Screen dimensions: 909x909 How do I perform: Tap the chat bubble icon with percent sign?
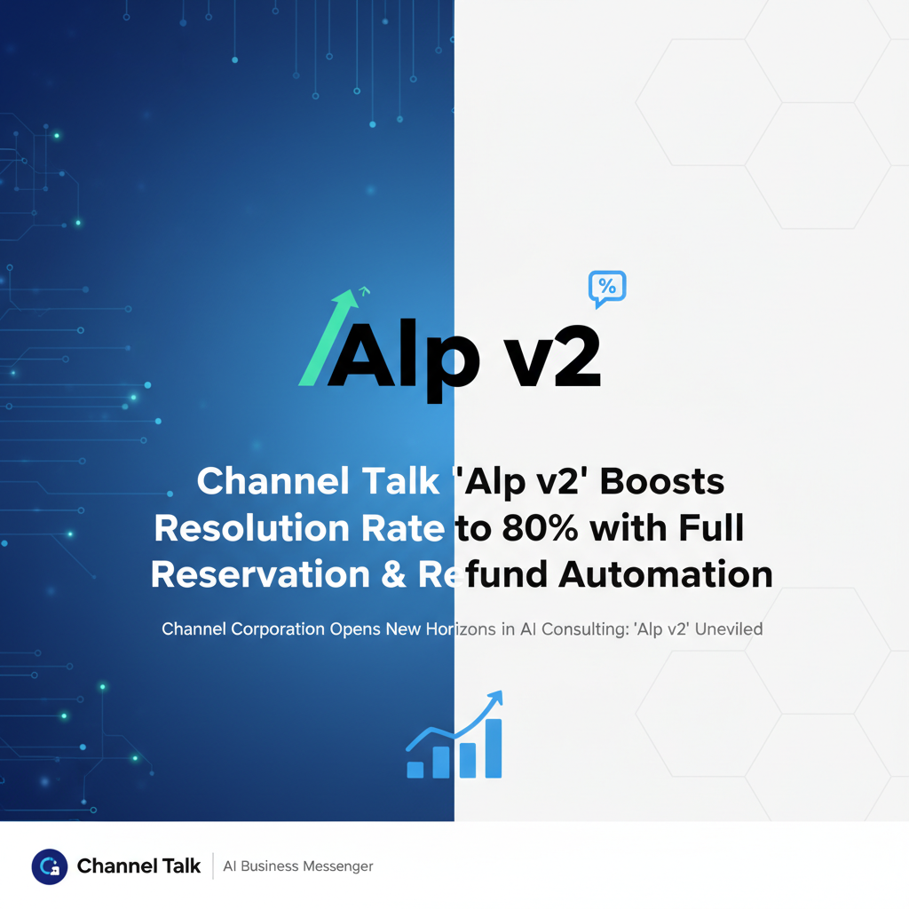[x=607, y=288]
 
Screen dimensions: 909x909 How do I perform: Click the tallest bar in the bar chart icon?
[x=494, y=747]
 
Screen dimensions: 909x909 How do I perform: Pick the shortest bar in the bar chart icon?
[x=415, y=769]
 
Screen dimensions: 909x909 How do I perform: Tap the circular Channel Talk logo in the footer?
[x=50, y=866]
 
